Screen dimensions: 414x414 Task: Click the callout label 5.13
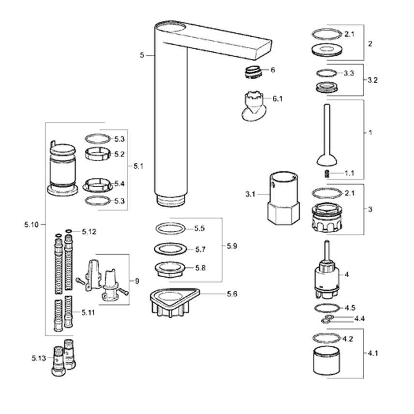(x=39, y=358)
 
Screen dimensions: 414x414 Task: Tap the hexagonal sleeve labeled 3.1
(x=283, y=197)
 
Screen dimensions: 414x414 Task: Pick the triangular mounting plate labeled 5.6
(x=175, y=302)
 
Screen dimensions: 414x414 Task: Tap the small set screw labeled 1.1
(x=327, y=174)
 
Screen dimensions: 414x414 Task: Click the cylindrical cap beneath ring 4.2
(x=326, y=360)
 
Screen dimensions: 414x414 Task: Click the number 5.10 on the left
(x=31, y=225)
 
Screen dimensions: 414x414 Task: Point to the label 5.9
(x=232, y=246)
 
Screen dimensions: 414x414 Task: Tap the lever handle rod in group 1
(x=327, y=135)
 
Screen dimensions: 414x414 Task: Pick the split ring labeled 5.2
(x=97, y=154)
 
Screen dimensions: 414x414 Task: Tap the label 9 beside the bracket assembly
(x=137, y=281)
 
